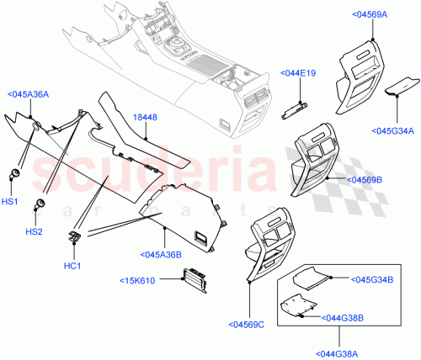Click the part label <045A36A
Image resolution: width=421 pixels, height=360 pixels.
point(28,95)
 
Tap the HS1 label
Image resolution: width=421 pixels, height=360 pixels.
point(8,203)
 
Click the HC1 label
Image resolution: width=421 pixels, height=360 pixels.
point(72,267)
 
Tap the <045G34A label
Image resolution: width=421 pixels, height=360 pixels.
point(392,130)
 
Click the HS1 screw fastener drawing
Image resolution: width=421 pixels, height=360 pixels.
point(14,175)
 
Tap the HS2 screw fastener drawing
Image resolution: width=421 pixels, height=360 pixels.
point(39,205)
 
